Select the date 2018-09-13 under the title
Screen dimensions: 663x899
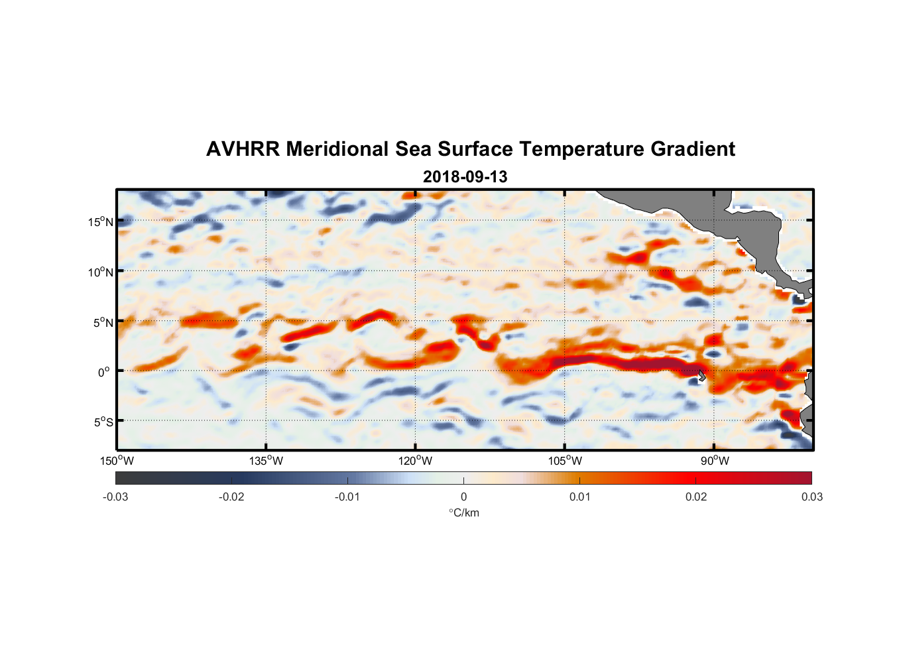pyautogui.click(x=465, y=177)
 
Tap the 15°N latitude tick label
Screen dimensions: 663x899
pyautogui.click(x=100, y=221)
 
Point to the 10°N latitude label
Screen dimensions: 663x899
pyautogui.click(x=100, y=272)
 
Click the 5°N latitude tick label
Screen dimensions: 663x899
pyautogui.click(x=103, y=322)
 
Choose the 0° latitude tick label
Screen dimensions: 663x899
pyautogui.click(x=104, y=373)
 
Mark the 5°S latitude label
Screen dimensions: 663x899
pyautogui.click(x=103, y=422)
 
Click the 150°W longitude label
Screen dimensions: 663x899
pyautogui.click(x=117, y=461)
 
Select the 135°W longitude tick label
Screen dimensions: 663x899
pyautogui.click(x=266, y=461)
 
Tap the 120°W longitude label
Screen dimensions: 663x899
pyautogui.click(x=415, y=461)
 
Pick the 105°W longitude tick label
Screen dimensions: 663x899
pyautogui.click(x=565, y=461)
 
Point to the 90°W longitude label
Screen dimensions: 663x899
pyautogui.click(x=715, y=461)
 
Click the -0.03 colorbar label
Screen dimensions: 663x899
pyautogui.click(x=115, y=497)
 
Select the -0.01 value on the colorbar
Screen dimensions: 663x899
pyautogui.click(x=347, y=497)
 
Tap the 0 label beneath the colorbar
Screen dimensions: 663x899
pyautogui.click(x=463, y=497)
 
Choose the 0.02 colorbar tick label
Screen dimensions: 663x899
pyautogui.click(x=696, y=497)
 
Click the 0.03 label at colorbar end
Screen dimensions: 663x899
pyautogui.click(x=811, y=497)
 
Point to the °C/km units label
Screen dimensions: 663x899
pyautogui.click(x=463, y=512)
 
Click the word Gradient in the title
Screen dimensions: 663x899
pyautogui.click(x=693, y=149)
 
